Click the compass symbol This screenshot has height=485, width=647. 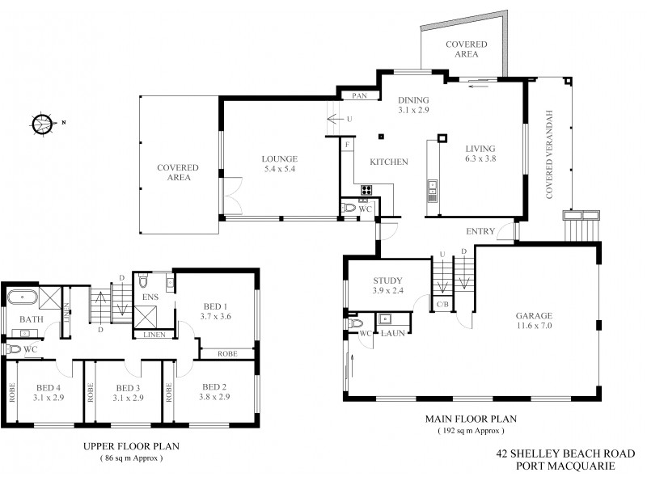pyautogui.click(x=42, y=124)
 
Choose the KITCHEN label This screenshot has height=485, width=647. pyautogui.click(x=388, y=162)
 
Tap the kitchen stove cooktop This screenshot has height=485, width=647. pyautogui.click(x=366, y=191)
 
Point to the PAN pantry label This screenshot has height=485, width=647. pyautogui.click(x=357, y=95)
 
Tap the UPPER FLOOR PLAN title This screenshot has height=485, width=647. pyautogui.click(x=131, y=446)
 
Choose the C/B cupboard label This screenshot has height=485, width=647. pyautogui.click(x=442, y=305)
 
